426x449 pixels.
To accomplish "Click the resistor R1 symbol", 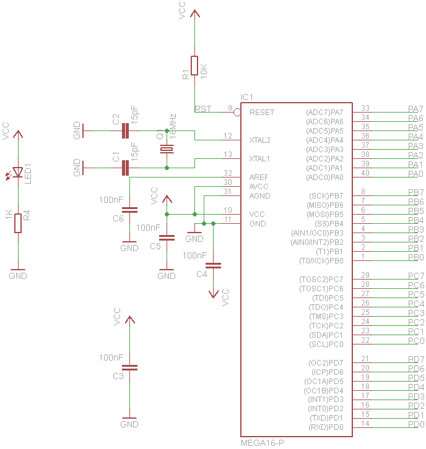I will [194, 65].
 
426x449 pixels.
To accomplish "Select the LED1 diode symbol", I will [18, 173].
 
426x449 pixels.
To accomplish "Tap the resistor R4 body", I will [18, 223].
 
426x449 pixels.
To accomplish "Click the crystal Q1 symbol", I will [167, 149].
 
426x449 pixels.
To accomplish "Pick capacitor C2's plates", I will [126, 130].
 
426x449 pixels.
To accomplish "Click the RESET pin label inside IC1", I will [262, 113].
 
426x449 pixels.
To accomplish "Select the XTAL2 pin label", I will [259, 140].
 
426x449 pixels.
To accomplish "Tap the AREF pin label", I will [258, 177].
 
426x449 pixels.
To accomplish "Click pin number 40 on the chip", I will [365, 173].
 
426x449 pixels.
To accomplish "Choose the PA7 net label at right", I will [415, 109].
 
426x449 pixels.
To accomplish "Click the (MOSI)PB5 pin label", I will [325, 214].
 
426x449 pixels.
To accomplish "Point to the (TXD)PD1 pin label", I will [326, 418].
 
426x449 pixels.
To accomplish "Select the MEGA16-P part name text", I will [263, 443].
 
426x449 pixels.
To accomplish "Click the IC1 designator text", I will [247, 98].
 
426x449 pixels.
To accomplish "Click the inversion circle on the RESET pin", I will [237, 112].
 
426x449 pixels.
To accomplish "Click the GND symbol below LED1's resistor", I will [18, 273].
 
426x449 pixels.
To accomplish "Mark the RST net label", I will [203, 109].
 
